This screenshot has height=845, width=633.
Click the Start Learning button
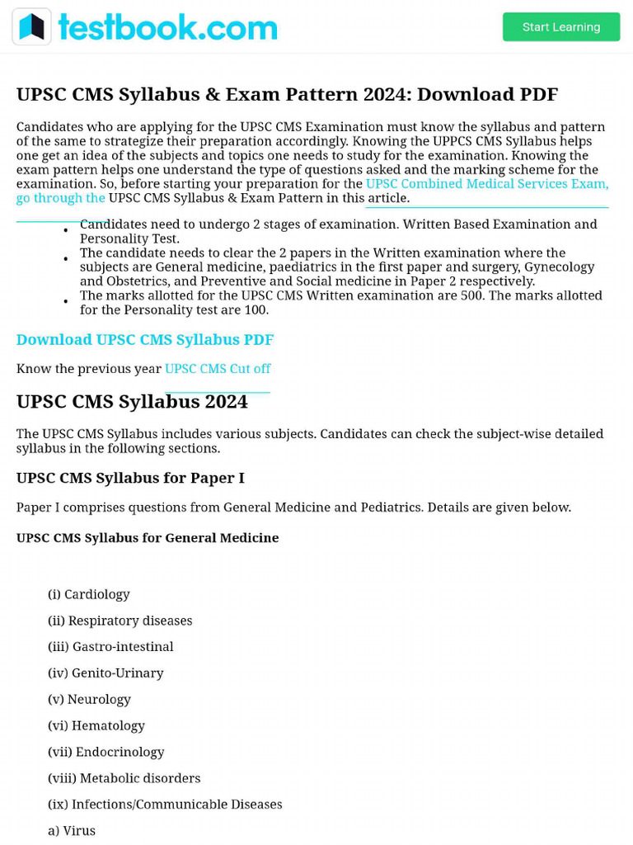pyautogui.click(x=561, y=27)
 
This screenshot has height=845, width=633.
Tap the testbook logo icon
pyautogui.click(x=32, y=27)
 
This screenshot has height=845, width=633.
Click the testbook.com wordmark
pyautogui.click(x=167, y=27)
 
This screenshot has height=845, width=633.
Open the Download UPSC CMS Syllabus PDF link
pyautogui.click(x=145, y=340)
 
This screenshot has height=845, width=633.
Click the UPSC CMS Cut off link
pyautogui.click(x=218, y=369)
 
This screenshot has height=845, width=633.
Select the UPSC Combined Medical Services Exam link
pyautogui.click(x=486, y=184)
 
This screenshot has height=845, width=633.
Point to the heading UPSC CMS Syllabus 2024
pyautogui.click(x=132, y=402)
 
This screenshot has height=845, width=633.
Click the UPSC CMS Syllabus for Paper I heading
pyautogui.click(x=130, y=479)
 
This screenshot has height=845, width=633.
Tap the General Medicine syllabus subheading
pyautogui.click(x=148, y=538)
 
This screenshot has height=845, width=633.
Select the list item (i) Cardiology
pyautogui.click(x=89, y=594)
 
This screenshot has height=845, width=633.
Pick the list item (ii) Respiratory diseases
pyautogui.click(x=120, y=621)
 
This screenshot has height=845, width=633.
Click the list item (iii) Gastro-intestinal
pyautogui.click(x=110, y=647)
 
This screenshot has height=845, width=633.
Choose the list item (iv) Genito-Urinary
pyautogui.click(x=105, y=673)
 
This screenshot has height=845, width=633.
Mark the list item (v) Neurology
pyautogui.click(x=89, y=700)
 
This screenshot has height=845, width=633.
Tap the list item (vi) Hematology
pyautogui.click(x=96, y=726)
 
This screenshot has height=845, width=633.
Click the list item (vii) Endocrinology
pyautogui.click(x=106, y=753)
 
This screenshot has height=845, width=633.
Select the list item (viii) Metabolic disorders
pyautogui.click(x=124, y=778)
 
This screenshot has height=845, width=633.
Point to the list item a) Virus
pyautogui.click(x=72, y=831)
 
